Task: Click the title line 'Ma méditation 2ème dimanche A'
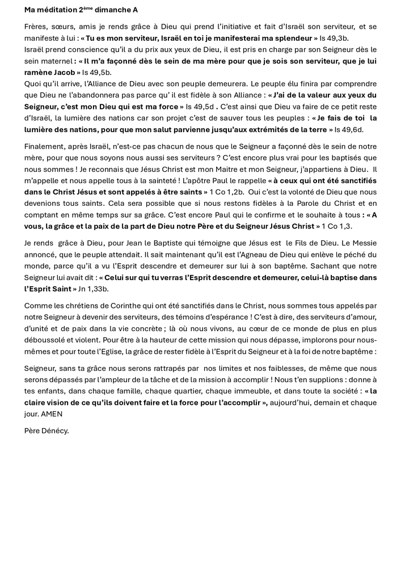[81, 10]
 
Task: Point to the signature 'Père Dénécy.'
[47, 431]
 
